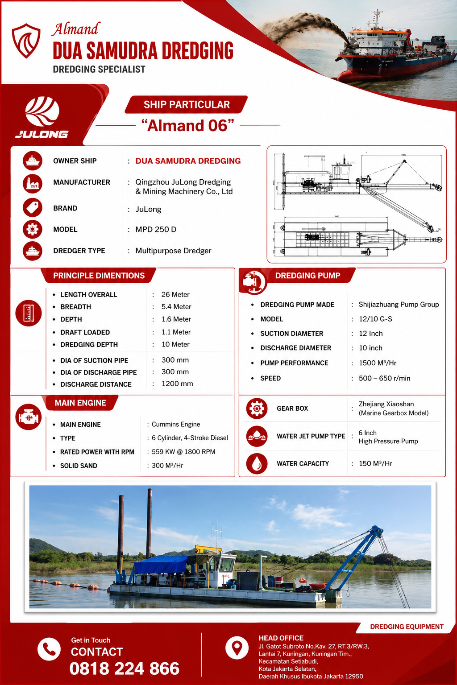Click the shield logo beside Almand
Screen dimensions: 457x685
coord(26,41)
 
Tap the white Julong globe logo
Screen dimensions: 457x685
coord(42,111)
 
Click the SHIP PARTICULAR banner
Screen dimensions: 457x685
coord(187,105)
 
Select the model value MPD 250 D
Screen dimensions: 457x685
coord(156,229)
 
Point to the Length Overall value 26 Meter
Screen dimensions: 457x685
coord(175,294)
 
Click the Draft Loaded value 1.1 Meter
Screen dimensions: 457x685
coord(176,332)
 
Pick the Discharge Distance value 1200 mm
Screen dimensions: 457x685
coord(177,384)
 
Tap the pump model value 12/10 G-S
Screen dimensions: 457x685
coord(375,319)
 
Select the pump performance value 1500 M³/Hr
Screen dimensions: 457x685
coord(378,363)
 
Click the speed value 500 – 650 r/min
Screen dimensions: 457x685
coord(384,378)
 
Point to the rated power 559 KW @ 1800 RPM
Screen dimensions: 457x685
coord(183,452)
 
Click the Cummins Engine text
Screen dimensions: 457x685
coord(176,425)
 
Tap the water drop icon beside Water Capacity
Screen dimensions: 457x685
coord(257,464)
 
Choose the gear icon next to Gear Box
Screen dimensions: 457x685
coord(257,408)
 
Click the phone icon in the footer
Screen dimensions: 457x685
coord(49,649)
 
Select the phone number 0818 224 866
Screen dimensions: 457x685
coord(124,668)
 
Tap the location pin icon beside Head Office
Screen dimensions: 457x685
coord(237,648)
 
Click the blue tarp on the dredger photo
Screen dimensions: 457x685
coord(161,565)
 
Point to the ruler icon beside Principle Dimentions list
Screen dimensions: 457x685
coord(29,313)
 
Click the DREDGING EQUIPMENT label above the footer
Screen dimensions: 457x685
coord(407,627)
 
